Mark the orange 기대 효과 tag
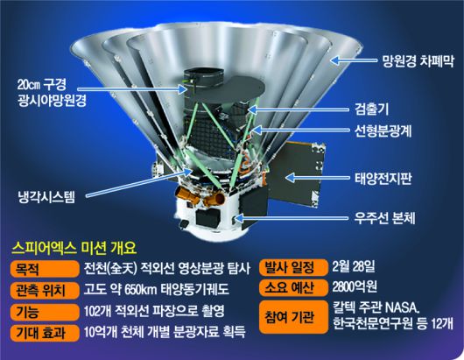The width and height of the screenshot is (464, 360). [x=37, y=332]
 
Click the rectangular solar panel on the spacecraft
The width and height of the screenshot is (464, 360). [x=301, y=173]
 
